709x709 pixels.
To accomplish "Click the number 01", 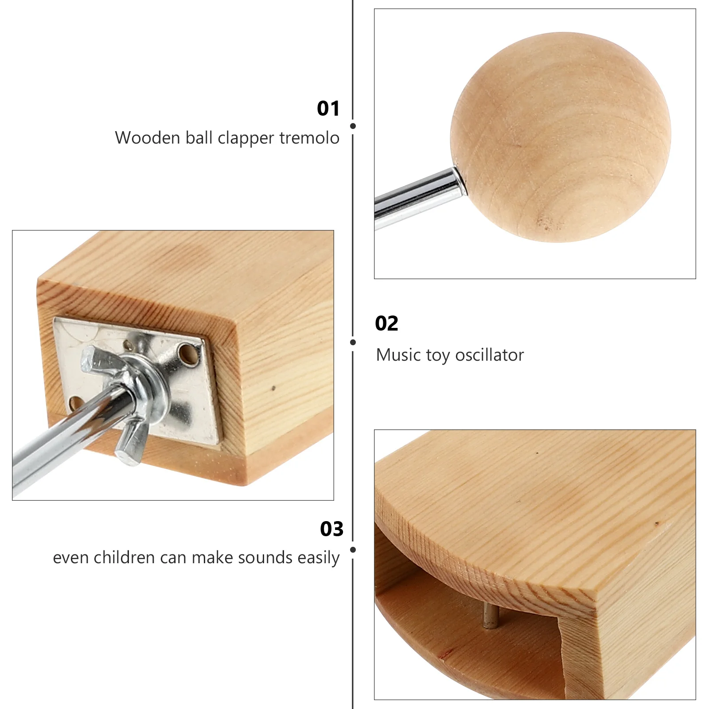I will point(328,109).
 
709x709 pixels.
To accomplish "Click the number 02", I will point(386,323).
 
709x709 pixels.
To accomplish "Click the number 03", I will point(331,529).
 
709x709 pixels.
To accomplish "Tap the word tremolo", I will point(309,138).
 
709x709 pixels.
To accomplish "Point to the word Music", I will point(398,355).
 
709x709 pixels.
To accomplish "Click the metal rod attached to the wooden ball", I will point(417,195).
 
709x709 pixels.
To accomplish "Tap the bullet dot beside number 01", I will point(353,126).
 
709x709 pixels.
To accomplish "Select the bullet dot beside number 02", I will point(353,342).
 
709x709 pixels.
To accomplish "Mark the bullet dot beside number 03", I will point(353,550).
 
